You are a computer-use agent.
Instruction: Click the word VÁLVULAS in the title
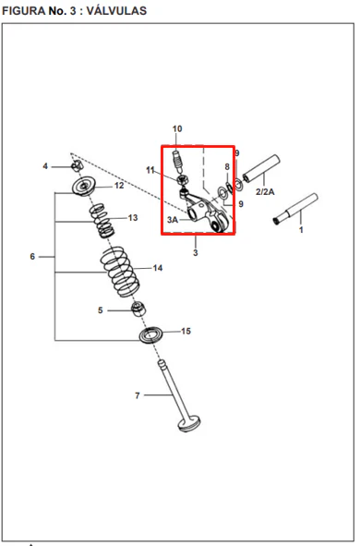click(x=116, y=11)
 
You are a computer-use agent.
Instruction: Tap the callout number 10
click(x=177, y=128)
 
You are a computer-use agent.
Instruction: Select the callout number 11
click(x=150, y=170)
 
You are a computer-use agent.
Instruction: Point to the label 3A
click(x=173, y=220)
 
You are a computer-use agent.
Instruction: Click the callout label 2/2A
click(x=265, y=191)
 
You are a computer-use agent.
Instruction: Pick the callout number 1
click(x=301, y=230)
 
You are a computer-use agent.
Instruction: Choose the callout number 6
click(x=32, y=257)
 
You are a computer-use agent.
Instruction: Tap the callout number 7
click(x=138, y=395)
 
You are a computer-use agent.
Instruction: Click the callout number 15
click(x=186, y=331)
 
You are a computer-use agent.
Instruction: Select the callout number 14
click(x=158, y=268)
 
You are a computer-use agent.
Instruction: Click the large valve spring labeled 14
click(x=120, y=272)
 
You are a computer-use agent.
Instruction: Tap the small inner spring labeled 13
click(x=101, y=221)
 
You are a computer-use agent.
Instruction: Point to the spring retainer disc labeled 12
click(x=84, y=187)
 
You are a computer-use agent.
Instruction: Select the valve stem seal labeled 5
click(x=138, y=309)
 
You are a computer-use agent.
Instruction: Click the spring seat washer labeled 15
click(x=151, y=334)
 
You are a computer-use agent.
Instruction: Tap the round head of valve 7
click(x=189, y=423)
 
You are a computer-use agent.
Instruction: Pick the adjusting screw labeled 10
click(x=178, y=162)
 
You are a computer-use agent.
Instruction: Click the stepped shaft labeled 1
click(x=295, y=209)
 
